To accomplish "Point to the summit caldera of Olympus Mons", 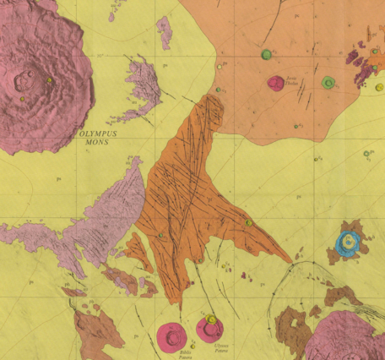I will click(x=24, y=81).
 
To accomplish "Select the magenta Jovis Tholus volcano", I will click(x=275, y=83).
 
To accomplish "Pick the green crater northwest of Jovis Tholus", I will click(x=267, y=55).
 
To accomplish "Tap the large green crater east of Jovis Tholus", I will click(x=328, y=82).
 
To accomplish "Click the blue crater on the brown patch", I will click(x=347, y=243).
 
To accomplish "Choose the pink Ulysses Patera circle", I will click(x=209, y=329).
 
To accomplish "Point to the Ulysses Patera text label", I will click(x=220, y=346).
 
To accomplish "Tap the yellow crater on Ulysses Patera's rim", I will click(x=211, y=319).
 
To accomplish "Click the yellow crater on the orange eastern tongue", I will click(x=248, y=223).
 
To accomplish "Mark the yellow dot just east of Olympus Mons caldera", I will click(x=50, y=80).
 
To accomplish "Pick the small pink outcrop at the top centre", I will click(x=164, y=31).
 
